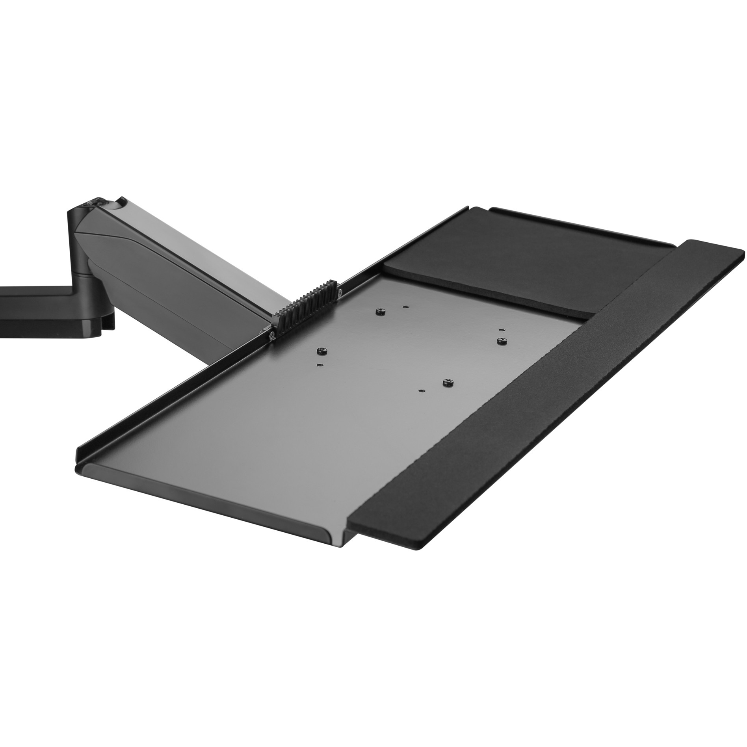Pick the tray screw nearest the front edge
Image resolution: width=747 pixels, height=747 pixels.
[448, 382]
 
